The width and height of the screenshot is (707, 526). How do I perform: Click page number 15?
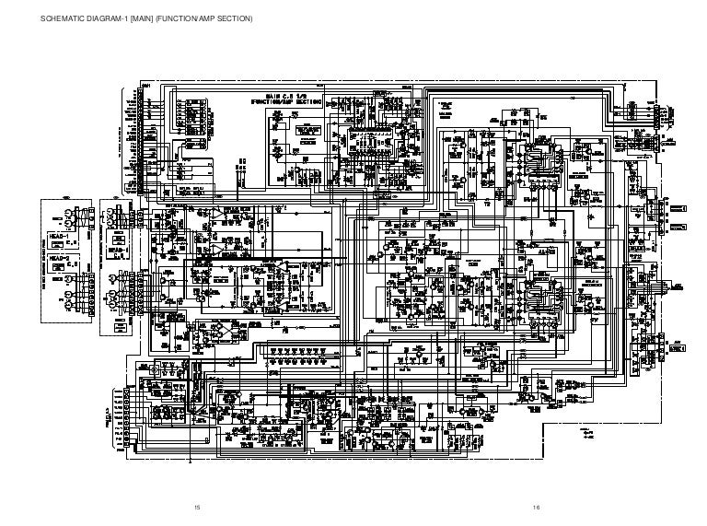tap(194, 508)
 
